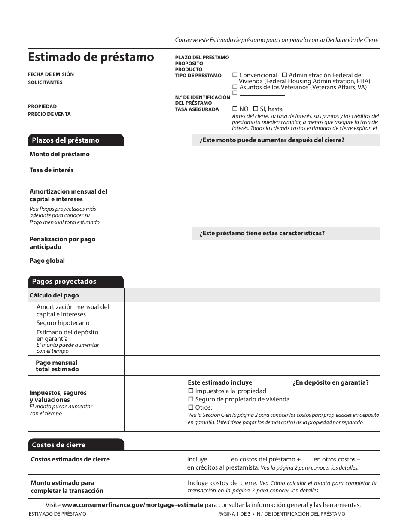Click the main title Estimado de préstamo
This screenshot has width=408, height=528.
91,57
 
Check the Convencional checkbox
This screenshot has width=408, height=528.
234,75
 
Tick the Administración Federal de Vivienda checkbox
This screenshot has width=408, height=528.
284,75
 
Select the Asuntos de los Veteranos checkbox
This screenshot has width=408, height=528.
234,87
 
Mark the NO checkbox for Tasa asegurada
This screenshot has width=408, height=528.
234,109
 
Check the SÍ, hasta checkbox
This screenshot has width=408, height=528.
256,109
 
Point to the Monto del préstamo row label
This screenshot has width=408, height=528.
60,154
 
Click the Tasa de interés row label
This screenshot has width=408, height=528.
52,170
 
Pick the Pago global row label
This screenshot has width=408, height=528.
47,261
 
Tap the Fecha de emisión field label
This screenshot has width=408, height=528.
51,74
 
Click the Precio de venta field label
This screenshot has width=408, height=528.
49,114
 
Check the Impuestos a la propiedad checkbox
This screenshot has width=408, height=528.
191,391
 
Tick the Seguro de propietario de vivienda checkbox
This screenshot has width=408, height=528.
191,399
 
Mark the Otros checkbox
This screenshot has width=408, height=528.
191,407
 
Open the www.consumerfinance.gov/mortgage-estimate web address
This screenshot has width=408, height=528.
132,505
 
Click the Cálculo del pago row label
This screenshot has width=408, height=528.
54,295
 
